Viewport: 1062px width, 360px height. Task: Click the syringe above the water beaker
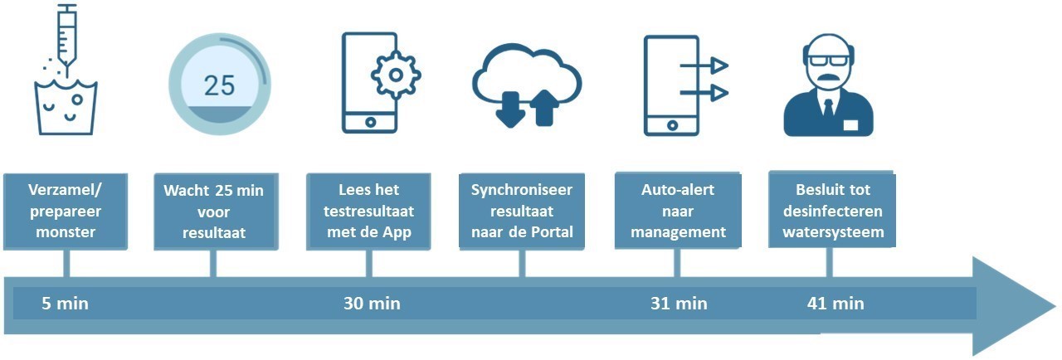pyautogui.click(x=67, y=38)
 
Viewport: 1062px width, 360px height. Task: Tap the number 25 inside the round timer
pyautogui.click(x=220, y=85)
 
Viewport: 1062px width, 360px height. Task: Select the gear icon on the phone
pyautogui.click(x=396, y=75)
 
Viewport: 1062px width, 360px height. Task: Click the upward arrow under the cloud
pyautogui.click(x=544, y=108)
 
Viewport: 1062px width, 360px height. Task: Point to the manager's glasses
pyautogui.click(x=829, y=61)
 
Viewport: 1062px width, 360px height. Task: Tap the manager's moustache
pyautogui.click(x=829, y=78)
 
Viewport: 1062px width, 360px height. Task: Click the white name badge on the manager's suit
pyautogui.click(x=851, y=124)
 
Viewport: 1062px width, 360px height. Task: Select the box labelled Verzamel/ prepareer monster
pyautogui.click(x=66, y=212)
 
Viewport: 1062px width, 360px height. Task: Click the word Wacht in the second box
pyautogui.click(x=187, y=191)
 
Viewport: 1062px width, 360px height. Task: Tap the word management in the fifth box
pyautogui.click(x=678, y=232)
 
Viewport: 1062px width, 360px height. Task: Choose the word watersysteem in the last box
pyautogui.click(x=833, y=232)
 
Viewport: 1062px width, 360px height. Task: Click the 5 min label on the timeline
pyautogui.click(x=65, y=303)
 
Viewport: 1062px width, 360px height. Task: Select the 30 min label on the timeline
pyautogui.click(x=372, y=303)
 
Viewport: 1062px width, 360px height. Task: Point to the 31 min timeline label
pyautogui.click(x=679, y=303)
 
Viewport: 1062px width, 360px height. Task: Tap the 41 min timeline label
pyautogui.click(x=835, y=303)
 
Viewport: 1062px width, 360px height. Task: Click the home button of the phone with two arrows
pyautogui.click(x=672, y=125)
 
